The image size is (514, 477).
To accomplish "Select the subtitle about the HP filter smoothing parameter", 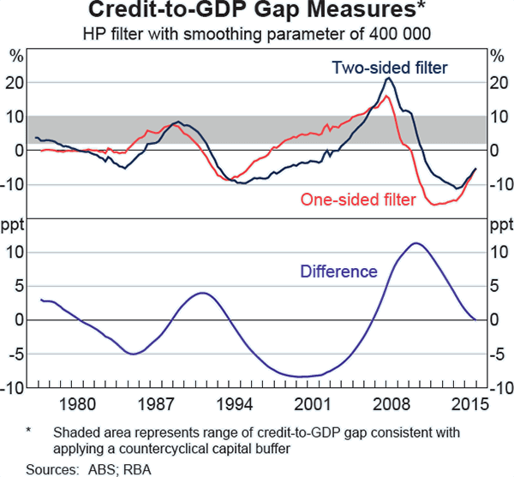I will (257, 34).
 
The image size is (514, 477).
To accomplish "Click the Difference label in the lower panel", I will (338, 272).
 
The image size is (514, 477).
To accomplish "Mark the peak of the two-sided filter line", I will (389, 78).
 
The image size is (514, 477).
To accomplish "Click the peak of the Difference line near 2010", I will (416, 243).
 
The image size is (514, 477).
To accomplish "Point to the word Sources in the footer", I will (48, 468).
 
